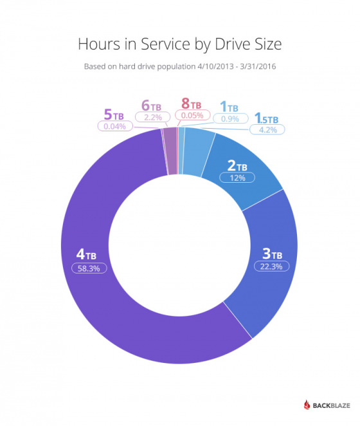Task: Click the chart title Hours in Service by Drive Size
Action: coord(179,44)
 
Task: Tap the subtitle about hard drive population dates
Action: coord(179,66)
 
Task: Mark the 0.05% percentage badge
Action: coord(192,116)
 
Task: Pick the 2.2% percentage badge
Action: coord(152,118)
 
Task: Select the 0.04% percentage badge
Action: coord(114,127)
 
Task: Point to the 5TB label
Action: coord(114,115)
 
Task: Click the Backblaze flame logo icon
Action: coord(308,405)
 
